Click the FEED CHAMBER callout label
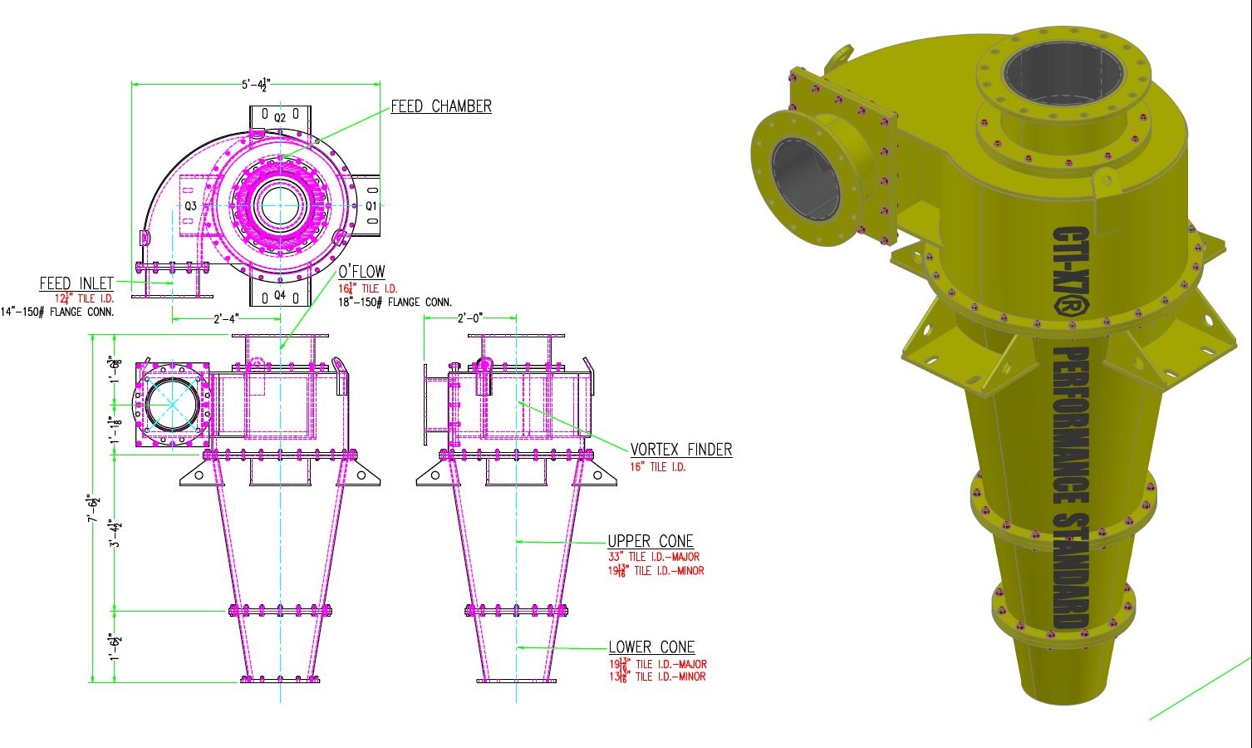441,106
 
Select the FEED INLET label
76,283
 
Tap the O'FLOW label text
361,272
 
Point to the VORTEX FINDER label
681,450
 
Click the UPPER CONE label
650,542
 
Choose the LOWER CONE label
651,647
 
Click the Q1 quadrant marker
371,205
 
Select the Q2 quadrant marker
280,117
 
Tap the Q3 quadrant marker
190,206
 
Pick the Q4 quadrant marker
280,295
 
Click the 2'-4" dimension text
226,318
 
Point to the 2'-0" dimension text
470,318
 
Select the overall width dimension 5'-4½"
256,84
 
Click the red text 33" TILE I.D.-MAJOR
654,557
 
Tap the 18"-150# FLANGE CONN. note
395,303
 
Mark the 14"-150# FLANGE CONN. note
57,312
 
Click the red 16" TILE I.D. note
658,467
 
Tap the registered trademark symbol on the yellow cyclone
1069,305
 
